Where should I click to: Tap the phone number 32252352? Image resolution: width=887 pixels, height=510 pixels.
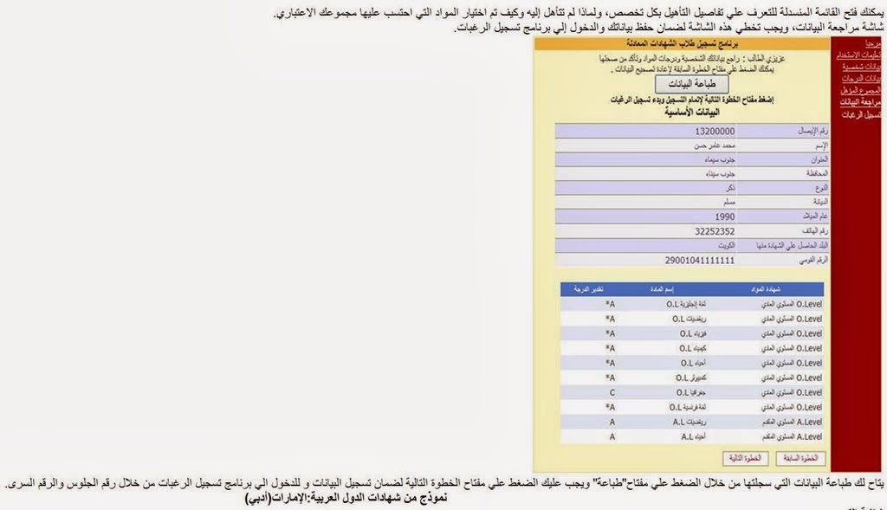point(715,231)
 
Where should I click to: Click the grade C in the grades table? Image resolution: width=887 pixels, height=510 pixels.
point(612,392)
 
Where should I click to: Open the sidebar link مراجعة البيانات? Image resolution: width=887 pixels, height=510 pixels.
point(861,102)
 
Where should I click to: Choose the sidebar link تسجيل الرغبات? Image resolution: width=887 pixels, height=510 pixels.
point(863,114)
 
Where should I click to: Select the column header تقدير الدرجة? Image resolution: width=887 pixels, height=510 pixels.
point(592,289)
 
